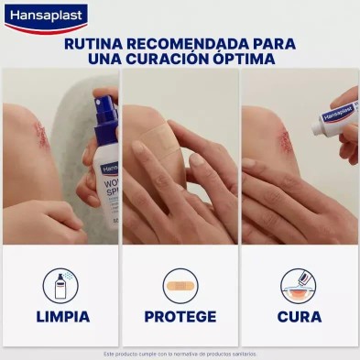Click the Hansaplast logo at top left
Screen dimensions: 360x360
tap(46, 16)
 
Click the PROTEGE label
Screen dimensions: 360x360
tap(180, 317)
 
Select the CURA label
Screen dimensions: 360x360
tap(299, 317)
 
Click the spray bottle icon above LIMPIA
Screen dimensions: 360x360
tap(60, 285)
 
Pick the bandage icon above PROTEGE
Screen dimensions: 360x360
tap(180, 285)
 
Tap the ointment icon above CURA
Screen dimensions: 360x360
tap(299, 285)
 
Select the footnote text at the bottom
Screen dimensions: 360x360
tap(180, 353)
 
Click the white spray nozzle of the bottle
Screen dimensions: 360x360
tap(103, 100)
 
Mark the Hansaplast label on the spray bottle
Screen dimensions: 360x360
tap(107, 169)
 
